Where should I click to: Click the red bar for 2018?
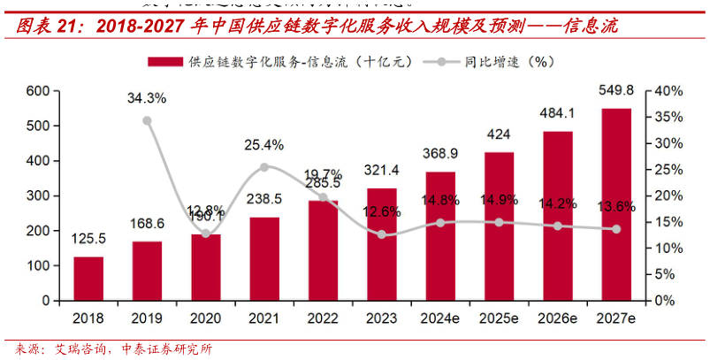88,279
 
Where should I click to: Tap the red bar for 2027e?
616,204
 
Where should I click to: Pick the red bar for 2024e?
440,236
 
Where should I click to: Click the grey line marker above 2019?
147,120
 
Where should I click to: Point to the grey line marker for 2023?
382,234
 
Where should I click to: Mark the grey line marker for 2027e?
616,229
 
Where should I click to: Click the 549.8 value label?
616,90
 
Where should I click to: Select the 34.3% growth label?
147,97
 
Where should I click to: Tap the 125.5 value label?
88,239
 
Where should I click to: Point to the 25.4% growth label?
264,144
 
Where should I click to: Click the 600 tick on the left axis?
37,91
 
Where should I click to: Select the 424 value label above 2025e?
499,134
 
